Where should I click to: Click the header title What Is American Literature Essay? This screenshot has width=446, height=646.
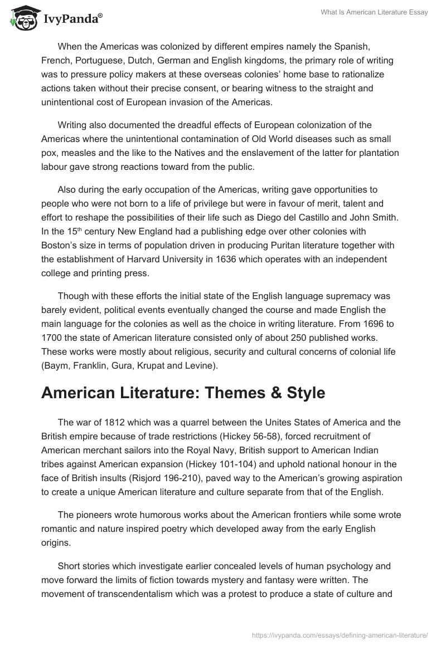(x=375, y=13)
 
